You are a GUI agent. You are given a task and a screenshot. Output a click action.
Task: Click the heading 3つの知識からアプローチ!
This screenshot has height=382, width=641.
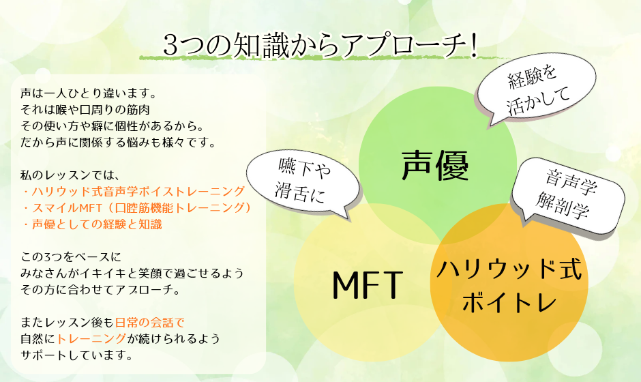pos(320,44)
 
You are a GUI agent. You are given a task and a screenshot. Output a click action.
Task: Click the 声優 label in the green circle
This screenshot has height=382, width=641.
pos(434,165)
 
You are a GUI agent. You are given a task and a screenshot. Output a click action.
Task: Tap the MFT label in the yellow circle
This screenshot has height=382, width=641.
pos(368,285)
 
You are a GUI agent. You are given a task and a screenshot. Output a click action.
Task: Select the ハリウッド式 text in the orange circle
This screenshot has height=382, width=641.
pos(509,270)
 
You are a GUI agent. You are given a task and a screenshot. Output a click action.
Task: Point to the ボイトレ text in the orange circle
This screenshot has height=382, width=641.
pos(509,303)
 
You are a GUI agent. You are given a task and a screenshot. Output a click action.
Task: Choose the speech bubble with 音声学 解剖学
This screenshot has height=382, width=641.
pos(568,196)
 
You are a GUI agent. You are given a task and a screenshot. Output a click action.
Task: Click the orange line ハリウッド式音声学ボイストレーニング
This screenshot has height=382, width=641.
pos(134,192)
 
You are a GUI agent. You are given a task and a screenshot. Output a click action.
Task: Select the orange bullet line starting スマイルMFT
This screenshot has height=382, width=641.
pos(137,208)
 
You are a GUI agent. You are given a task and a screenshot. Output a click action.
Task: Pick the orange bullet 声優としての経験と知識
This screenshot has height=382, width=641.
pos(92,224)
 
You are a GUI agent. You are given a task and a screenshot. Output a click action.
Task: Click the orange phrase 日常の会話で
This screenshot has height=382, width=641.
pos(149,322)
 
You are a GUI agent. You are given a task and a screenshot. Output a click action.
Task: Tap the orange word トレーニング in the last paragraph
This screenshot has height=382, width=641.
pos(91,338)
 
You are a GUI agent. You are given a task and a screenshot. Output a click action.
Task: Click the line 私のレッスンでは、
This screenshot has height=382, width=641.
pos(70,175)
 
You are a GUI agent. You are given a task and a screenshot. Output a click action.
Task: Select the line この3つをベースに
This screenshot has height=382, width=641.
pos(71,257)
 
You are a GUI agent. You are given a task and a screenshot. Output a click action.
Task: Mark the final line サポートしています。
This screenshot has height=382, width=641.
pos(77,355)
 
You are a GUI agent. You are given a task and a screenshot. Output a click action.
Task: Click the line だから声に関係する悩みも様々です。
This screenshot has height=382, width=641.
pos(119,143)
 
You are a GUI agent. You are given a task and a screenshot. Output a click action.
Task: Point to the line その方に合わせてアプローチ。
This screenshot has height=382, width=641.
pos(100,289)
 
